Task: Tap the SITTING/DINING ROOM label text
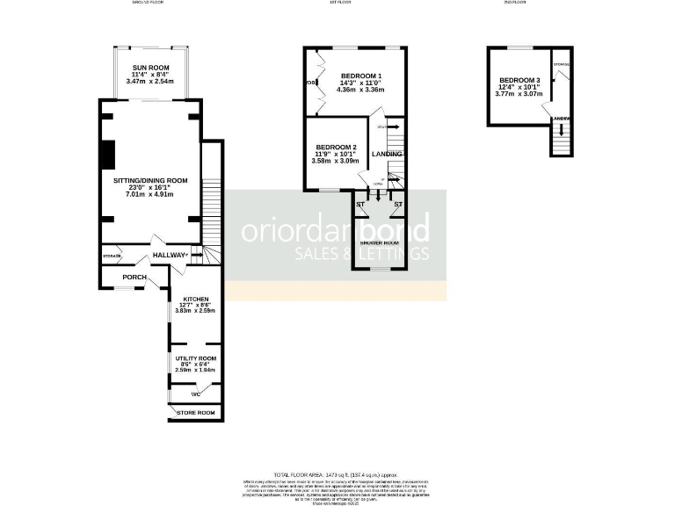click(x=151, y=179)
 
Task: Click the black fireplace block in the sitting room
click(x=107, y=153)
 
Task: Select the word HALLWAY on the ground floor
click(x=170, y=256)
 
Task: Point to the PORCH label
click(x=134, y=278)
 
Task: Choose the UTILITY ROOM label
click(x=194, y=358)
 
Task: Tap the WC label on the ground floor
click(x=195, y=394)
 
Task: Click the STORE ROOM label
click(x=196, y=412)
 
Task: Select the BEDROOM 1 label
click(x=361, y=76)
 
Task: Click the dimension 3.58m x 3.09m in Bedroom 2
click(x=337, y=161)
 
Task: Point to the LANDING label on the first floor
click(x=387, y=155)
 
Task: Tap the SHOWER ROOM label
click(x=380, y=242)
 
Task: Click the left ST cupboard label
click(x=360, y=205)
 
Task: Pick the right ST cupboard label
click(x=397, y=205)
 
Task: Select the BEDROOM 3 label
click(x=519, y=77)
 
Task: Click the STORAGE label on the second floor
click(x=561, y=64)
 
